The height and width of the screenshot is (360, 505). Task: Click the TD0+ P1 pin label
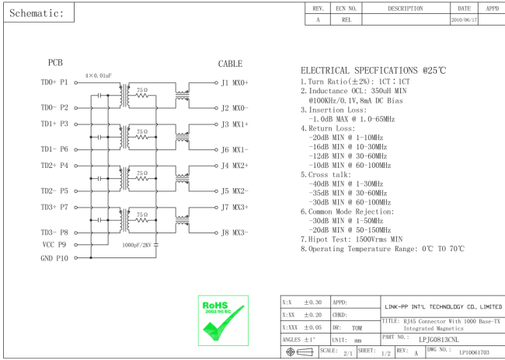tap(54, 82)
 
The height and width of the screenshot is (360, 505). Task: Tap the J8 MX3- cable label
tap(234, 232)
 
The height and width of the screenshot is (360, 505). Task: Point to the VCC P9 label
tap(54, 244)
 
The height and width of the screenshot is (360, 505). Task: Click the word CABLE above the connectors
tap(230, 64)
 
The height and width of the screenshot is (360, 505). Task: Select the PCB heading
tap(55, 64)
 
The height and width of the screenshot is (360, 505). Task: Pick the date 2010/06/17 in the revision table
tap(464, 19)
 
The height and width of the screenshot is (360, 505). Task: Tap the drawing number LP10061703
tap(474, 352)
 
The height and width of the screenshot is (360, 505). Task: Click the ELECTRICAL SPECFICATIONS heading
tap(373, 70)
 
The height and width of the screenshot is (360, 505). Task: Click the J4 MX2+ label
tap(234, 165)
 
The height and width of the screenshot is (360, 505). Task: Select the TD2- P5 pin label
tap(54, 190)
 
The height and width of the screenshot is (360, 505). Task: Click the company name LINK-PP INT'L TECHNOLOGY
tap(443, 307)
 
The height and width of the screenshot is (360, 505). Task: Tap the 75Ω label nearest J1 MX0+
tap(141, 90)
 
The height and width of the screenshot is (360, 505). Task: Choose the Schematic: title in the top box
tap(37, 13)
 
